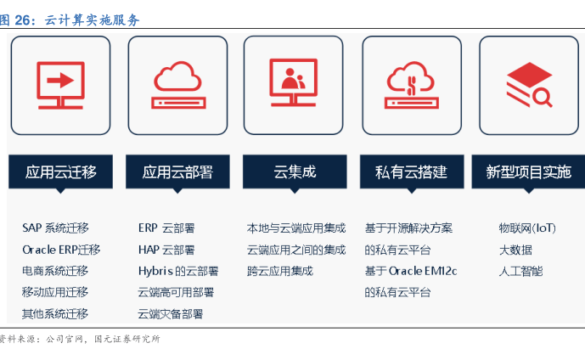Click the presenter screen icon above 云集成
[x=293, y=82]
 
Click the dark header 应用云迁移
[x=60, y=172]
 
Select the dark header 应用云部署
[x=177, y=172]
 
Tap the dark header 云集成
[x=295, y=172]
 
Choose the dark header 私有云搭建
[x=412, y=172]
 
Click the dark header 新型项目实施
[x=528, y=172]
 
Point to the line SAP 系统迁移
[x=55, y=228]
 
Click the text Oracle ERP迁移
[x=61, y=250]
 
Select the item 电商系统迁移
[x=55, y=271]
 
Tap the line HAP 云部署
[x=166, y=250]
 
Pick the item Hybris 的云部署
[x=178, y=271]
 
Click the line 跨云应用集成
[x=280, y=271]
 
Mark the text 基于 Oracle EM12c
[x=411, y=271]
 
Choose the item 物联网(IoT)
[x=527, y=228]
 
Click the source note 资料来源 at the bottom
[x=81, y=339]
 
